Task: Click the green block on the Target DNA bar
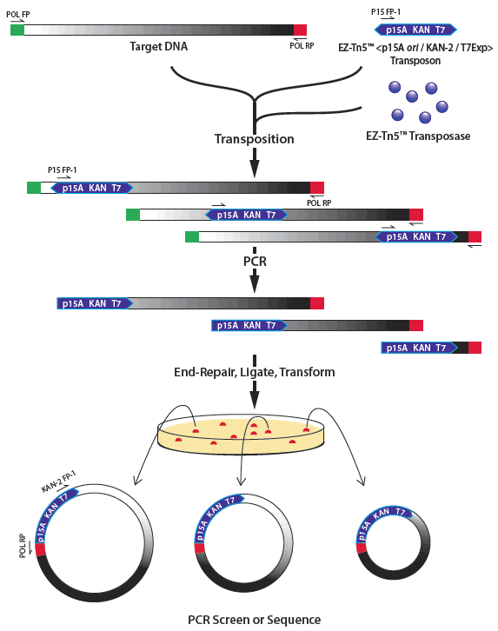tap(17, 30)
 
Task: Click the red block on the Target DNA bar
tap(300, 30)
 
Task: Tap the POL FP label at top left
tap(18, 15)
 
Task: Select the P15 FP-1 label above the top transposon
tap(386, 12)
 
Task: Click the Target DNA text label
tap(158, 47)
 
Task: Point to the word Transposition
tap(255, 139)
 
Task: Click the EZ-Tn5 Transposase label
tap(418, 136)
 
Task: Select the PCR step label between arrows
tap(255, 262)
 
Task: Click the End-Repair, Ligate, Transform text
tap(255, 372)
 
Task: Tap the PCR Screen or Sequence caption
tap(255, 620)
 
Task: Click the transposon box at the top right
tap(415, 30)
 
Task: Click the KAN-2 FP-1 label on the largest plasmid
tap(59, 482)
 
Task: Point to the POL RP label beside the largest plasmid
tap(23, 546)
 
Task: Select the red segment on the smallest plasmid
tap(362, 548)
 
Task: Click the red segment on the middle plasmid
tap(200, 548)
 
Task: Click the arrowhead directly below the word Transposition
tap(255, 169)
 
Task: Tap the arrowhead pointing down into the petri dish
tap(255, 400)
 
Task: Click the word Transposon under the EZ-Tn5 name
tap(415, 61)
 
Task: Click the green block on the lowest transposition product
tap(192, 236)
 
